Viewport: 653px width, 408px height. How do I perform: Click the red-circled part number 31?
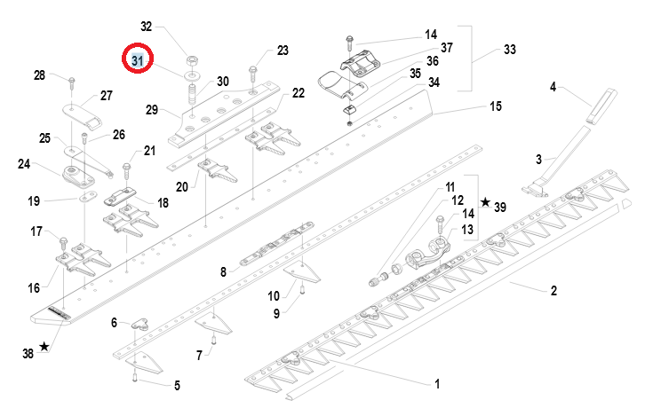[138, 60]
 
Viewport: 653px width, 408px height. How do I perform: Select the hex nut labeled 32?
[193, 61]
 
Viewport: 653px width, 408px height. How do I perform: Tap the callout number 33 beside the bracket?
[510, 50]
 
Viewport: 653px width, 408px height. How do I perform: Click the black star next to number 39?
[486, 202]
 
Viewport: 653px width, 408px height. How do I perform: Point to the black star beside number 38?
[44, 347]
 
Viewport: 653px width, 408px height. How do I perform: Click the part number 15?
[496, 106]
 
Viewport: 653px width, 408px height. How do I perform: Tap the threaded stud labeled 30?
[192, 95]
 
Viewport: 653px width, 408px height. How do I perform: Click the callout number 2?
[553, 290]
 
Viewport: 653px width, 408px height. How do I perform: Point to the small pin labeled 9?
[302, 287]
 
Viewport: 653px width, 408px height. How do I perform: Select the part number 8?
[223, 272]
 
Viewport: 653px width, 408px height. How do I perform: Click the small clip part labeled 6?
[141, 324]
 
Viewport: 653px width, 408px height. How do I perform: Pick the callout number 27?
[107, 96]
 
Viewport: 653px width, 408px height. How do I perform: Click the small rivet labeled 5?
[135, 378]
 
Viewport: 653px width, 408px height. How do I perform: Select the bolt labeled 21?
[126, 170]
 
